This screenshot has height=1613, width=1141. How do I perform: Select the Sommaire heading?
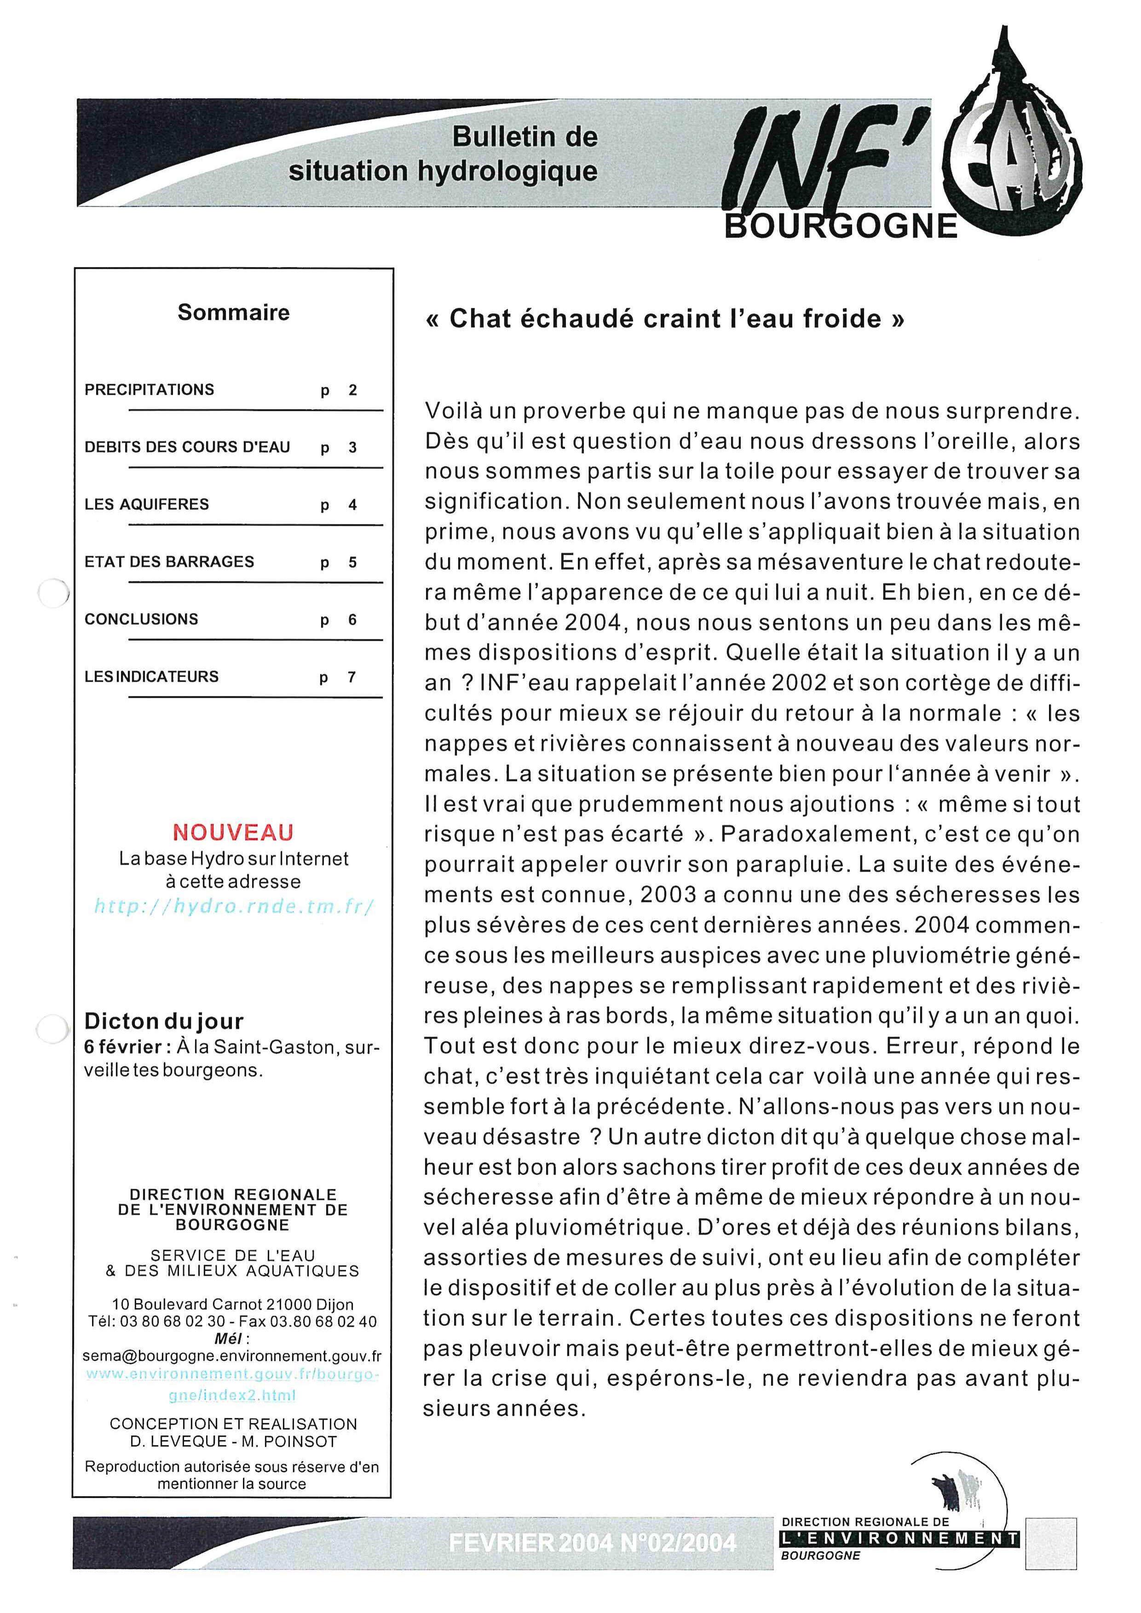pyautogui.click(x=233, y=313)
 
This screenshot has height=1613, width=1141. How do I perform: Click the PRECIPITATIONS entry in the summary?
pyautogui.click(x=149, y=390)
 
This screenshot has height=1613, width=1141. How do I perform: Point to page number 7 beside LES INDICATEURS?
pyautogui.click(x=352, y=677)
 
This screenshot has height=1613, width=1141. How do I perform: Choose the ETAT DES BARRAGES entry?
pyautogui.click(x=169, y=562)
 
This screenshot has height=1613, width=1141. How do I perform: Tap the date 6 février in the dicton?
pyautogui.click(x=123, y=1047)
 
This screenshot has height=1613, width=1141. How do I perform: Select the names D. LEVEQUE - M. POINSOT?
pyautogui.click(x=232, y=1441)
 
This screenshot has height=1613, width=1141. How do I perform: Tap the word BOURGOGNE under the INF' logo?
pyautogui.click(x=841, y=226)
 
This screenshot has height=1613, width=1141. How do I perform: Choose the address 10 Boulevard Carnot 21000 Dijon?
pyautogui.click(x=232, y=1304)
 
